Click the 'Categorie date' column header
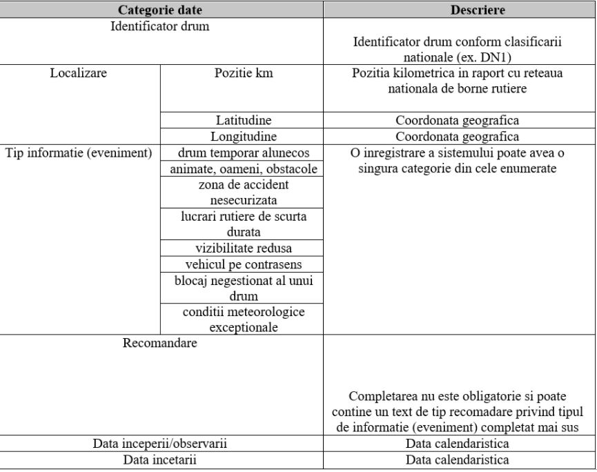point(160,10)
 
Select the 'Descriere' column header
point(460,10)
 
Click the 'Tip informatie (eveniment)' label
point(79,153)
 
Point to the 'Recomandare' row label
point(160,343)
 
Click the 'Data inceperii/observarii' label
point(160,443)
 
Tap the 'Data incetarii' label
point(160,459)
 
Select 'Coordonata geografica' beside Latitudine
point(460,120)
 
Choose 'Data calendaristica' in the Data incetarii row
point(460,459)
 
